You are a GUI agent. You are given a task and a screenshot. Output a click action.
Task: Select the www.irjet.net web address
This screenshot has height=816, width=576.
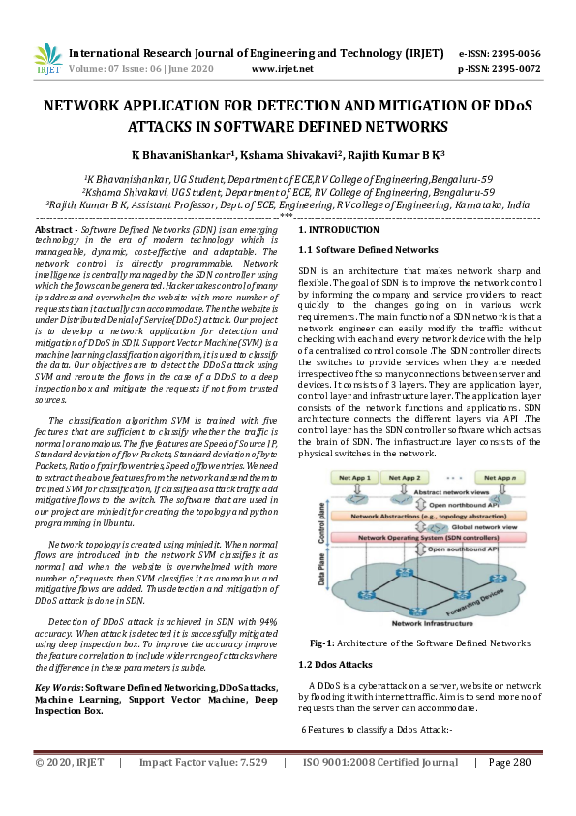(x=282, y=70)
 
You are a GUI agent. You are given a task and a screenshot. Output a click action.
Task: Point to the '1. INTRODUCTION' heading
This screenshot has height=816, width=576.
(x=338, y=230)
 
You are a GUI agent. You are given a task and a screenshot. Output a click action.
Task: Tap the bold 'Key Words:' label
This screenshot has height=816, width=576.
(x=57, y=687)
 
